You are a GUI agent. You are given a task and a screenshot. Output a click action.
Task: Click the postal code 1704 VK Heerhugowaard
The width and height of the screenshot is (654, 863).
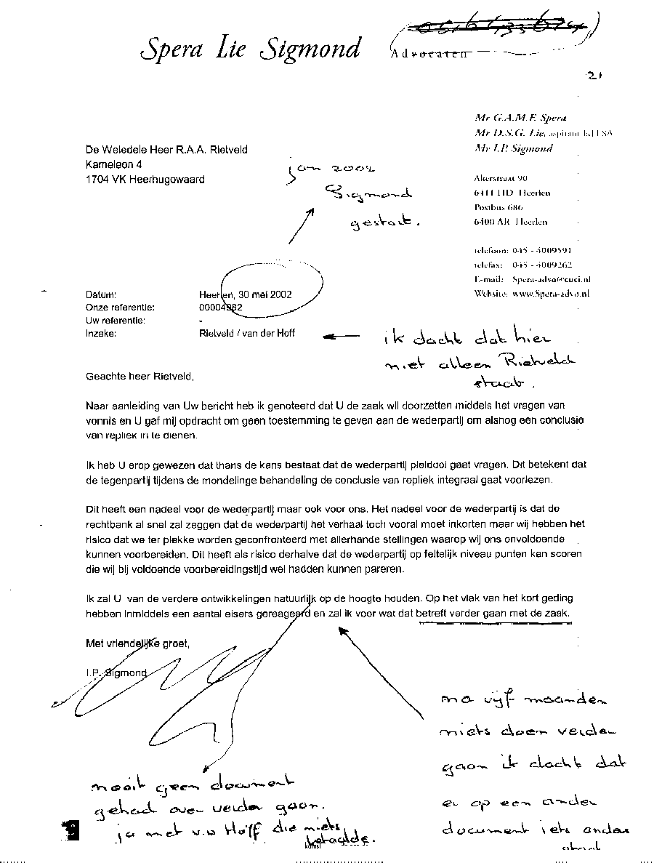145,179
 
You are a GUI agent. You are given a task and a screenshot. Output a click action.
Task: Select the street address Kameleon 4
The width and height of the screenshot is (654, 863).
113,164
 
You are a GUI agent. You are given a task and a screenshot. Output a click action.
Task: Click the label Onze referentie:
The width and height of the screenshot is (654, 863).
120,308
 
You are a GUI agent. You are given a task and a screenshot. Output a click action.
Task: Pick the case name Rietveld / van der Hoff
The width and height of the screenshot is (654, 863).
246,334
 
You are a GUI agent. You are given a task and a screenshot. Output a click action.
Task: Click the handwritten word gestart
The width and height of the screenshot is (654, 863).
385,223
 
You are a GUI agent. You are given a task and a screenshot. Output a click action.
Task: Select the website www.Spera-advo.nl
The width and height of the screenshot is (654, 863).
551,294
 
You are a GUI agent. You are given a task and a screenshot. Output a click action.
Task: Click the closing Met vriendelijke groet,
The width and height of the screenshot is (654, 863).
137,643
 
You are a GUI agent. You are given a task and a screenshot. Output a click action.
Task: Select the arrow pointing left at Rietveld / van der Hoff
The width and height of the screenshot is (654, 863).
341,336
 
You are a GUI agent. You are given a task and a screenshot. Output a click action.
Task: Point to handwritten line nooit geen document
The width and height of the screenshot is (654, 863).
193,784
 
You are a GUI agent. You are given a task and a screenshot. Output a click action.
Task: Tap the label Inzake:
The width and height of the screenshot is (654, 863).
101,334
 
